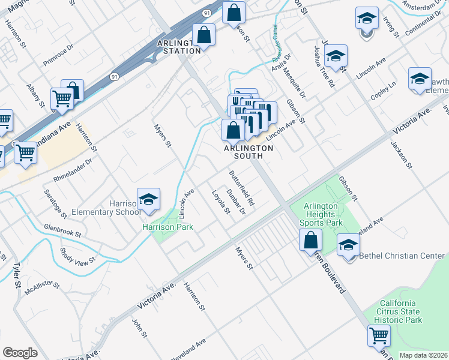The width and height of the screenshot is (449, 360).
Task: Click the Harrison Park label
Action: point(159,227)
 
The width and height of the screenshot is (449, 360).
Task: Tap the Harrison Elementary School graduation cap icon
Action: point(148,200)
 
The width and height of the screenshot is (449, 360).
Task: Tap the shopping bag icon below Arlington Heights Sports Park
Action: point(310,241)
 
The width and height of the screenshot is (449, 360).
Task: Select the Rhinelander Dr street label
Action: point(73,170)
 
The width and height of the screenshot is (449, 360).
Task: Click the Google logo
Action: point(20,353)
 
